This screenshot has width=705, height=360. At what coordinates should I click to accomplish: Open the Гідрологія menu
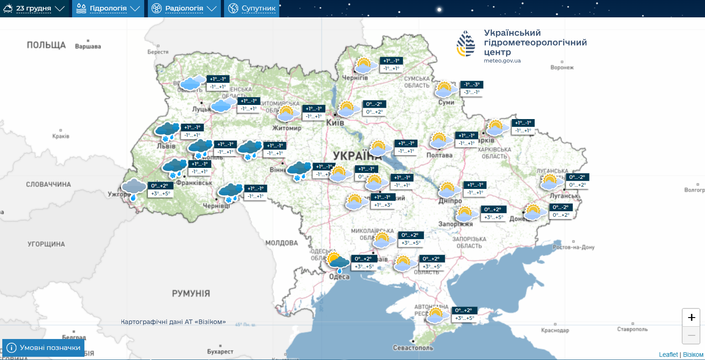pos(108,9)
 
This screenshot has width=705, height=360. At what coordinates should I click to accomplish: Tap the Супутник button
pos(252,9)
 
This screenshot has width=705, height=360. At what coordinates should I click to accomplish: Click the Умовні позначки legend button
pos(44,348)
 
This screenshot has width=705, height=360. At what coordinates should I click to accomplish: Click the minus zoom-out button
pos(691,335)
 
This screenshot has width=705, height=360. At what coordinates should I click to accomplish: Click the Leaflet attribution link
pos(668,355)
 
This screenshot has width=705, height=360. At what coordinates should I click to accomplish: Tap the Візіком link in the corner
pos(693,355)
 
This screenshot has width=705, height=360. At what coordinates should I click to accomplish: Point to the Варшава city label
pos(88,46)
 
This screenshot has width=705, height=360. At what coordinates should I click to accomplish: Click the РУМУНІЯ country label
pos(191,293)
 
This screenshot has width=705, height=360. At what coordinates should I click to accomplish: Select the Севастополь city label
pos(413,348)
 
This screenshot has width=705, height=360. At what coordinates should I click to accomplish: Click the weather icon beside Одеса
pos(338,261)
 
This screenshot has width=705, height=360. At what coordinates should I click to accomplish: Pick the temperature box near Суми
pos(471,89)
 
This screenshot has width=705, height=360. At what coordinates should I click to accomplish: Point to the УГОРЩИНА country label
pos(46,244)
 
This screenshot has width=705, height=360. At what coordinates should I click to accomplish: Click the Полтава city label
pos(439,155)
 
